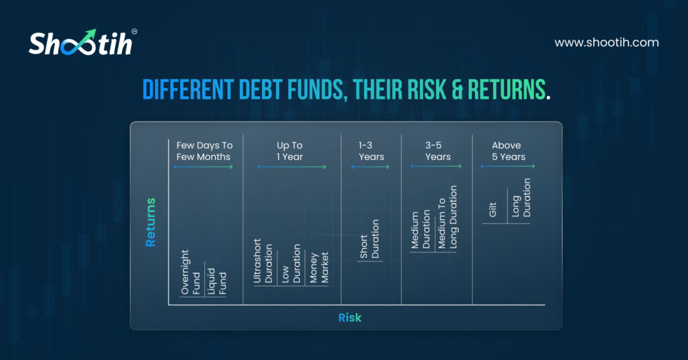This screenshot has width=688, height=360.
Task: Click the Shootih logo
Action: click(83, 42)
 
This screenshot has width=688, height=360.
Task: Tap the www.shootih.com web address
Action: click(607, 42)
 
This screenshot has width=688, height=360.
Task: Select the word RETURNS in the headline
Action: click(507, 90)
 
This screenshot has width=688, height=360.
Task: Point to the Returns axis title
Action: click(150, 222)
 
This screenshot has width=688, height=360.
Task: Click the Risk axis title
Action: click(349, 318)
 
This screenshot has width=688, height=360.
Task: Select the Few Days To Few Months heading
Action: click(204, 151)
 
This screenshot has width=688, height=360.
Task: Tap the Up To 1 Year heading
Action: click(290, 151)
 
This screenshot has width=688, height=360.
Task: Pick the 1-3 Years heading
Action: click(371, 151)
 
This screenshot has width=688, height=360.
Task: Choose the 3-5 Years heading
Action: click(437, 151)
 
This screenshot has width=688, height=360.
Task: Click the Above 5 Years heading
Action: click(508, 151)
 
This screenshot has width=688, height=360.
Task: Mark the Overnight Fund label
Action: click(190, 272)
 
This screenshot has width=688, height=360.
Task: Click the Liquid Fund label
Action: click(217, 281)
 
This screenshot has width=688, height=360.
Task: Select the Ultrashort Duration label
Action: click(263, 261)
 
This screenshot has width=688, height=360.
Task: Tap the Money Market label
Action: click(319, 267)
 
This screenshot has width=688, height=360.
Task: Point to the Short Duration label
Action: click(370, 239)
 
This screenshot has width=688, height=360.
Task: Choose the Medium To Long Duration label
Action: click(447, 217)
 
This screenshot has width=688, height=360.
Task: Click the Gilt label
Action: click(492, 210)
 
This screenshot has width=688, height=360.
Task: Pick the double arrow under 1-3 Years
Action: click(370, 167)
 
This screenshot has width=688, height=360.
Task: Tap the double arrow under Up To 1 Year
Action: click(292, 167)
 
